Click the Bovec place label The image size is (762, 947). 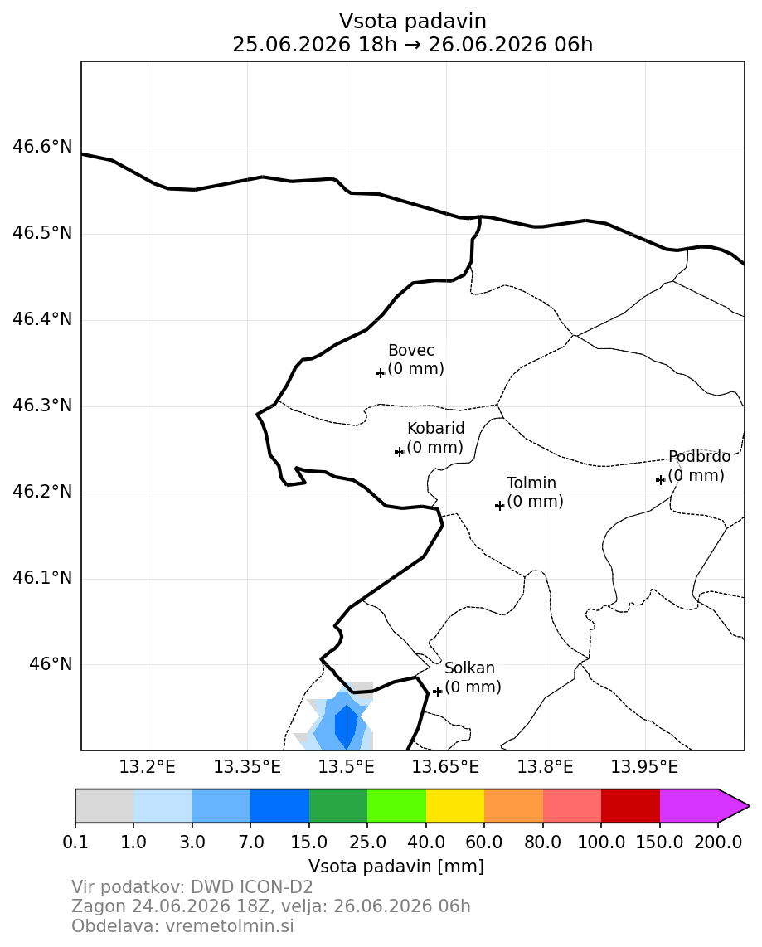(x=411, y=350)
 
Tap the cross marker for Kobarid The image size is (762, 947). (x=399, y=451)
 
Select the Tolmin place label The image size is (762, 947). (x=531, y=483)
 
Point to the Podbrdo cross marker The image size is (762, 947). (x=661, y=479)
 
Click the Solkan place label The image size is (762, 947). (x=470, y=668)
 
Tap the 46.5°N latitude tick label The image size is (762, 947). (x=42, y=233)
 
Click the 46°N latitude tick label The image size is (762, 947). (x=51, y=664)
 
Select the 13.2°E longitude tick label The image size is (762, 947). (x=148, y=767)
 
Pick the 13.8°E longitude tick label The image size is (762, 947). (x=546, y=767)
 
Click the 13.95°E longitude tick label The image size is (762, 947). (x=645, y=767)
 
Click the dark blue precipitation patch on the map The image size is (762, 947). (x=346, y=726)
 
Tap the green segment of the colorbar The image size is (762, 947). (x=338, y=806)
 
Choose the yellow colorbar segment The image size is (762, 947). (x=455, y=806)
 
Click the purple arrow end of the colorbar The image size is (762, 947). (x=734, y=806)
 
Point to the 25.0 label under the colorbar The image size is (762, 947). (x=367, y=842)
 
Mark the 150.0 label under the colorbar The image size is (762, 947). (x=660, y=842)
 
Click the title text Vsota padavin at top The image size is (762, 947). (x=412, y=21)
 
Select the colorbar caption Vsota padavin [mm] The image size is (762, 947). (x=396, y=866)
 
